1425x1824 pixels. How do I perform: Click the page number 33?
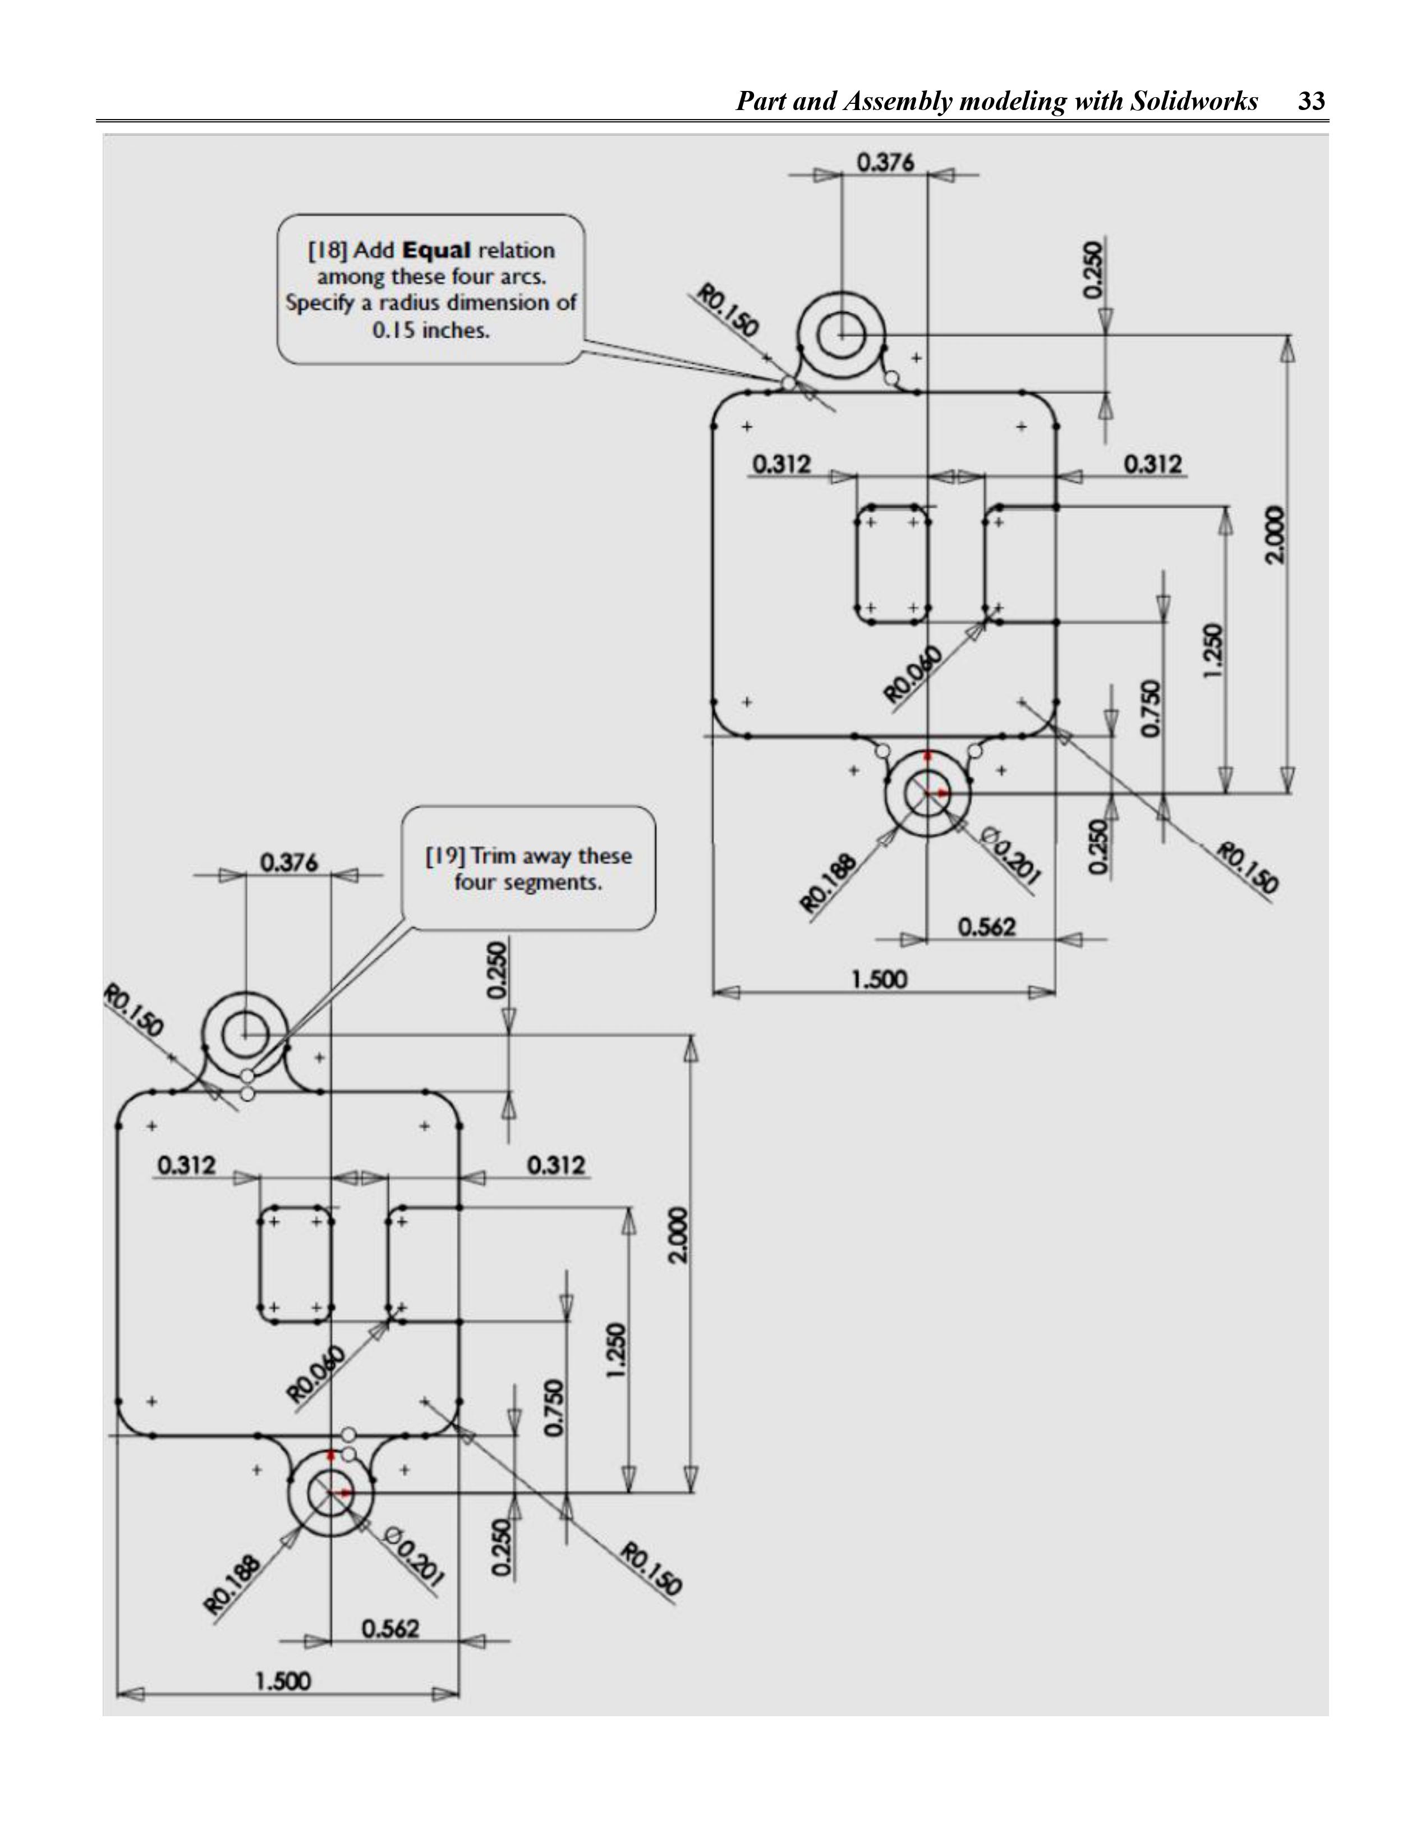coord(1312,102)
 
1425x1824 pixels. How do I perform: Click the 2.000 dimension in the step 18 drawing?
coord(1274,534)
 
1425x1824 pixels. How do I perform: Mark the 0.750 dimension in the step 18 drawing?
coord(1150,709)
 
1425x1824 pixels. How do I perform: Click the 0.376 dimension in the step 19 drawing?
coord(289,863)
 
